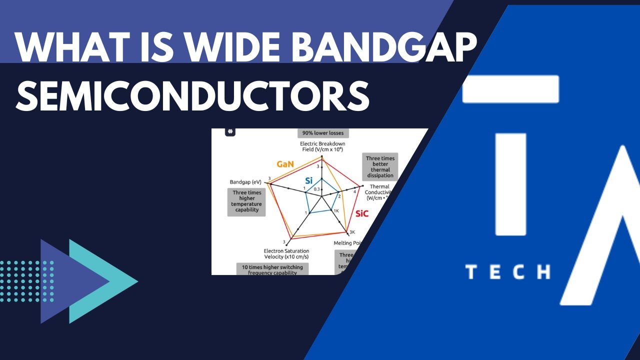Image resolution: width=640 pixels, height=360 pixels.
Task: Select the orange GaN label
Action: [x=286, y=163]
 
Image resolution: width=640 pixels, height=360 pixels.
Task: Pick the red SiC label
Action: [x=361, y=213]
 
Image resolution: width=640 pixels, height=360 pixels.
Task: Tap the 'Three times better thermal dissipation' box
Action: [x=380, y=167]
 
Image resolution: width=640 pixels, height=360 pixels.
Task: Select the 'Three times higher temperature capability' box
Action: [x=247, y=201]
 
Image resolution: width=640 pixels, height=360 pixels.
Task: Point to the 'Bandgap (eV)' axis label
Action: [x=246, y=181]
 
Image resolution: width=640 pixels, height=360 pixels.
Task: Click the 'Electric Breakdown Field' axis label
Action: [x=322, y=146]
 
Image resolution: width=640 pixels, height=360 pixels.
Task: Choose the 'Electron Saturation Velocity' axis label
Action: [x=286, y=253]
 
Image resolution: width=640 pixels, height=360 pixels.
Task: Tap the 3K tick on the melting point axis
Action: [x=352, y=232]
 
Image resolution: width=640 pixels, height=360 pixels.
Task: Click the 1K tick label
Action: [x=336, y=210]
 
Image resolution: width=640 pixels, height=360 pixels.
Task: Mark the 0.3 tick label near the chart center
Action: [x=316, y=189]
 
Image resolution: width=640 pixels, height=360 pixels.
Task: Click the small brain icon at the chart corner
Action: [x=230, y=131]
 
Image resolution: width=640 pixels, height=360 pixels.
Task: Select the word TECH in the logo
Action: [x=507, y=271]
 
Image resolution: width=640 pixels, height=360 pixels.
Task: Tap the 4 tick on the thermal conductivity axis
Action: [x=355, y=192]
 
